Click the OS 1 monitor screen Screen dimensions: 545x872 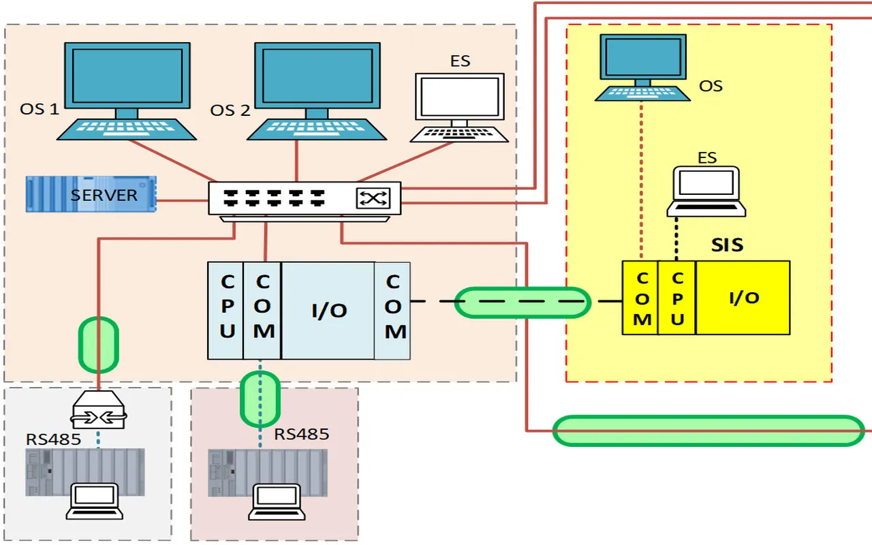[127, 75]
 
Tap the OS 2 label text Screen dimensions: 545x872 [230, 110]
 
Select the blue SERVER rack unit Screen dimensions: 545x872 [91, 194]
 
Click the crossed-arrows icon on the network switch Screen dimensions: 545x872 [373, 198]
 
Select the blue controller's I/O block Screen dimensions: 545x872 [328, 311]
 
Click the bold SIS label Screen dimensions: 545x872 [727, 245]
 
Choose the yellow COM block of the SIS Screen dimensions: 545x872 [640, 298]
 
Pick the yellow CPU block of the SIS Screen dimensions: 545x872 [677, 298]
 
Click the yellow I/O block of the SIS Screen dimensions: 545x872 [743, 298]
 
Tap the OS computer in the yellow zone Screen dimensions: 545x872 [642, 66]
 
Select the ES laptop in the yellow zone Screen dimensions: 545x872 [706, 191]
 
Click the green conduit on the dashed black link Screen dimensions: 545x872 [522, 302]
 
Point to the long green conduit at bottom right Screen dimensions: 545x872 [708, 431]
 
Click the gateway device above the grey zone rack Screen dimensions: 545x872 [99, 410]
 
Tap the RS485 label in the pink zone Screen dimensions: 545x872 [302, 434]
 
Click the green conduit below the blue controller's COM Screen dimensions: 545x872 [260, 399]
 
